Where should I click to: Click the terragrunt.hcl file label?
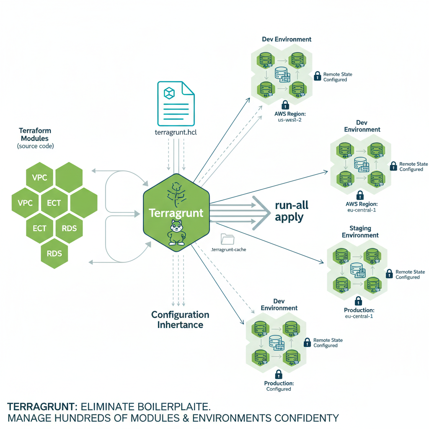point(176,133)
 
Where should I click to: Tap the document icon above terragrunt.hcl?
point(176,103)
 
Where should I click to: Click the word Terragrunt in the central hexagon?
point(176,213)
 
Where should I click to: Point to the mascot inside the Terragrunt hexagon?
point(176,233)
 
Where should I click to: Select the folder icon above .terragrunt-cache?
point(227,239)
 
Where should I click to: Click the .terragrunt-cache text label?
point(227,250)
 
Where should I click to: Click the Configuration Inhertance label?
point(180,320)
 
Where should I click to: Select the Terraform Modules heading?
point(34,134)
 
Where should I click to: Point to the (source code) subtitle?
point(36,146)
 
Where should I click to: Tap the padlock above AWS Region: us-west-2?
point(285,104)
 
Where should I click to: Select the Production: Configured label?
point(279,386)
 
